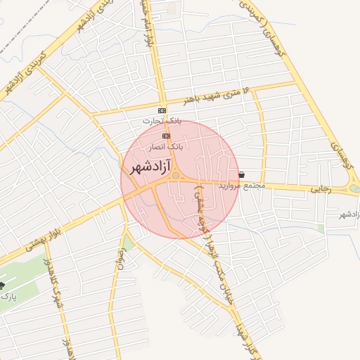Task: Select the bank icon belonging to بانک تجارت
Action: point(162,111)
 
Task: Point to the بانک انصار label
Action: point(167,146)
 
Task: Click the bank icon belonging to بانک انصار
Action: point(166,136)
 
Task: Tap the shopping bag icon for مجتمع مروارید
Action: point(242,174)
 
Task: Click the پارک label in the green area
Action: point(8,297)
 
